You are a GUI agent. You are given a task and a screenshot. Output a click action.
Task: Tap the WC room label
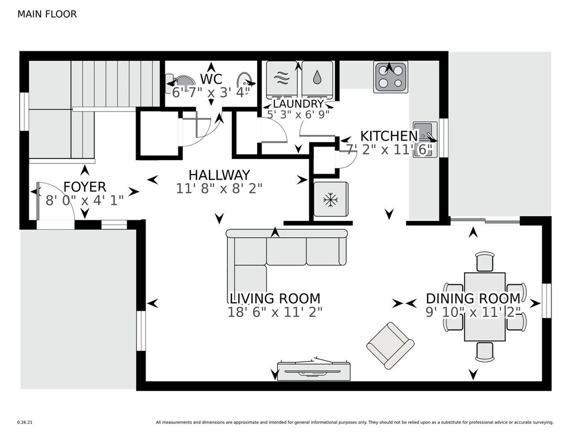(211, 79)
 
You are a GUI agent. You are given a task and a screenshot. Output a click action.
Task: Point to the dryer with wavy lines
(282, 79)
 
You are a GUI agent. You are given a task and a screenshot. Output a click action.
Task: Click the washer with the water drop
(317, 79)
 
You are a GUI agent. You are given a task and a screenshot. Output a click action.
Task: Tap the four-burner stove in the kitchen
(390, 76)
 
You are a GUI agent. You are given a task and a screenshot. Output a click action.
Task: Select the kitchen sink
(424, 139)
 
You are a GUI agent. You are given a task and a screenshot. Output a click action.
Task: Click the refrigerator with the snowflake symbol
(331, 200)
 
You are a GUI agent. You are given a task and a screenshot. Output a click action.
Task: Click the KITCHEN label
(389, 136)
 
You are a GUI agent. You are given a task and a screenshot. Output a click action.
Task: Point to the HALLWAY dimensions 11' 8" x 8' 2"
(219, 188)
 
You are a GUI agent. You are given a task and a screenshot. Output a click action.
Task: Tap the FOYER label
(85, 187)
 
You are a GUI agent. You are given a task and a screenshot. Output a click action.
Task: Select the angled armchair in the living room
(390, 345)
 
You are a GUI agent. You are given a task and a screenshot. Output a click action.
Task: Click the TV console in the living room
(314, 370)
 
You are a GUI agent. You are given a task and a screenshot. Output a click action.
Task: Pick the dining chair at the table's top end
(485, 261)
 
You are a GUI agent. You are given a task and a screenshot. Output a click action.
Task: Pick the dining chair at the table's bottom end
(485, 352)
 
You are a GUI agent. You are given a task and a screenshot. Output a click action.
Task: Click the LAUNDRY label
(298, 104)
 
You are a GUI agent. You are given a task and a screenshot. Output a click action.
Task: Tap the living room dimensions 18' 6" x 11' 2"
(275, 312)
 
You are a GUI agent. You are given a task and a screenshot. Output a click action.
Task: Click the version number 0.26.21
(25, 423)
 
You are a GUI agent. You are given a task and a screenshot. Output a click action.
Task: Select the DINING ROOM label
(473, 299)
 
